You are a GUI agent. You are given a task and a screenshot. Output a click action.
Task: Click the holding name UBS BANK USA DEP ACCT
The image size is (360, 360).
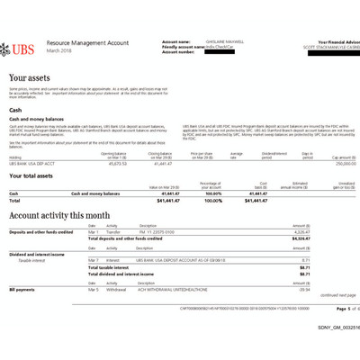(x=33, y=162)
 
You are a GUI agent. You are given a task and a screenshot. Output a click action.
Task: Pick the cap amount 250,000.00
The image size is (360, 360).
(x=334, y=162)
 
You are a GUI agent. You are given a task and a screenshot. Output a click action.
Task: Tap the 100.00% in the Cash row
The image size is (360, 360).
(x=211, y=193)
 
